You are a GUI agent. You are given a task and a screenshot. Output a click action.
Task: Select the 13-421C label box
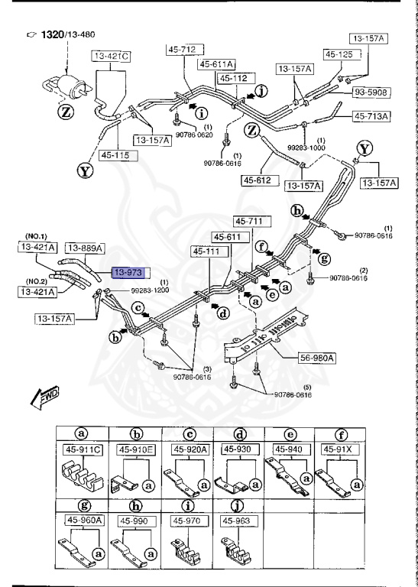tap(112, 56)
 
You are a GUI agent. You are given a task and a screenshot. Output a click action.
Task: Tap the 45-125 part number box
tap(340, 54)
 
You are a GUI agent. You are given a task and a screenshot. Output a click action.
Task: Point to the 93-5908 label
tap(371, 92)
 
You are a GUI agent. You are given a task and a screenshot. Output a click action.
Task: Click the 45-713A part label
tap(371, 116)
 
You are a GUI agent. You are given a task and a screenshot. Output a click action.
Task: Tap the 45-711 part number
tap(248, 221)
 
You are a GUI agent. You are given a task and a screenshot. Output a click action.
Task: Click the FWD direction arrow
tap(47, 396)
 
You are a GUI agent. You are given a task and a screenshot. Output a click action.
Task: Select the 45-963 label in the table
tap(238, 521)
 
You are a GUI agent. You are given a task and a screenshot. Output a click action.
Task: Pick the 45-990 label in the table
tap(135, 521)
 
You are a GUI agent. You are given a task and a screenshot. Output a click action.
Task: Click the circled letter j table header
tap(237, 504)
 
